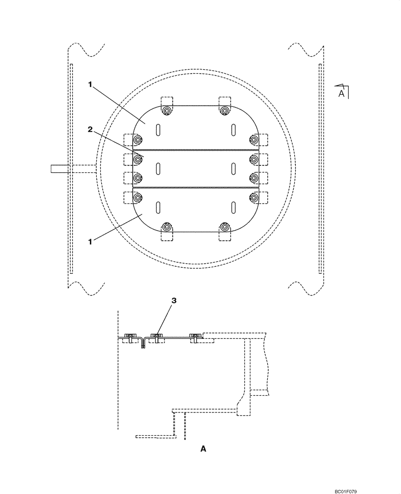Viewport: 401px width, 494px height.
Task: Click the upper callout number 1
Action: (x=90, y=85)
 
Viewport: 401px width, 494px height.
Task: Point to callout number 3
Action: (x=173, y=300)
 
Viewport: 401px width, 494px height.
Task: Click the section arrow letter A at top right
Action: (x=341, y=92)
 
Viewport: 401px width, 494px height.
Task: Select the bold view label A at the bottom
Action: (x=202, y=449)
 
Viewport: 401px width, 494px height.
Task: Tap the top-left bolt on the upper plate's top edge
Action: (x=167, y=111)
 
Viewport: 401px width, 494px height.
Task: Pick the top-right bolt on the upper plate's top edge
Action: (x=225, y=111)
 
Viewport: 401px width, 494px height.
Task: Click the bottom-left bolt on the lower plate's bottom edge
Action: (x=167, y=227)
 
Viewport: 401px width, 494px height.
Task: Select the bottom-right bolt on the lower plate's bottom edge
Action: (x=225, y=227)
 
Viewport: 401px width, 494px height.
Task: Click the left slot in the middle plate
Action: (x=158, y=168)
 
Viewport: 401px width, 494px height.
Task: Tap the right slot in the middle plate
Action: (x=233, y=168)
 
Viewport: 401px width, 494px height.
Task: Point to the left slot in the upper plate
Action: (x=158, y=130)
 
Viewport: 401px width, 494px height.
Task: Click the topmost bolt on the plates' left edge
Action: (x=137, y=140)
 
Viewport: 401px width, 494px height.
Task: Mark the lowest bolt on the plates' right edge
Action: (x=254, y=198)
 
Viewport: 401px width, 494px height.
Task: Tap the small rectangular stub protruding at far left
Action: (x=59, y=168)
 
